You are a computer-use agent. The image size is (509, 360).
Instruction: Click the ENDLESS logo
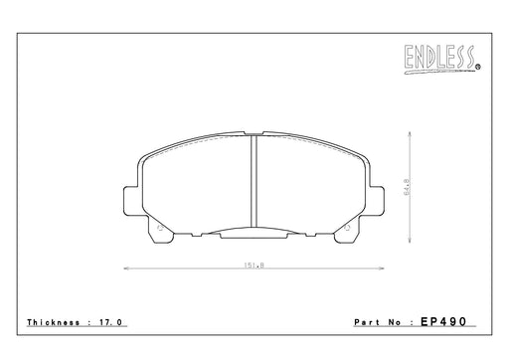tap(441, 59)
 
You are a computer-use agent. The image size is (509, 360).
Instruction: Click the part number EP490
tap(443, 321)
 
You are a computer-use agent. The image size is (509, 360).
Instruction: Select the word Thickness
tap(54, 322)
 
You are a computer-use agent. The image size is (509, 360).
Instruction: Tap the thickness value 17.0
tap(111, 322)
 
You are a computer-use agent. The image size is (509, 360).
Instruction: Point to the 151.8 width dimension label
tap(254, 266)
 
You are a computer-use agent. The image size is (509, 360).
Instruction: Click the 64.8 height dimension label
tap(407, 187)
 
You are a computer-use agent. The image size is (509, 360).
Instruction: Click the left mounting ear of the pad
tap(130, 201)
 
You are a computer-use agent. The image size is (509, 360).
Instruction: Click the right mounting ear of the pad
tap(378, 201)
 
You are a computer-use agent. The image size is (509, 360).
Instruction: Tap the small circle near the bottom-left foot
tap(159, 228)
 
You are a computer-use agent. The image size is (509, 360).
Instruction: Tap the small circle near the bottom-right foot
tap(348, 228)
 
